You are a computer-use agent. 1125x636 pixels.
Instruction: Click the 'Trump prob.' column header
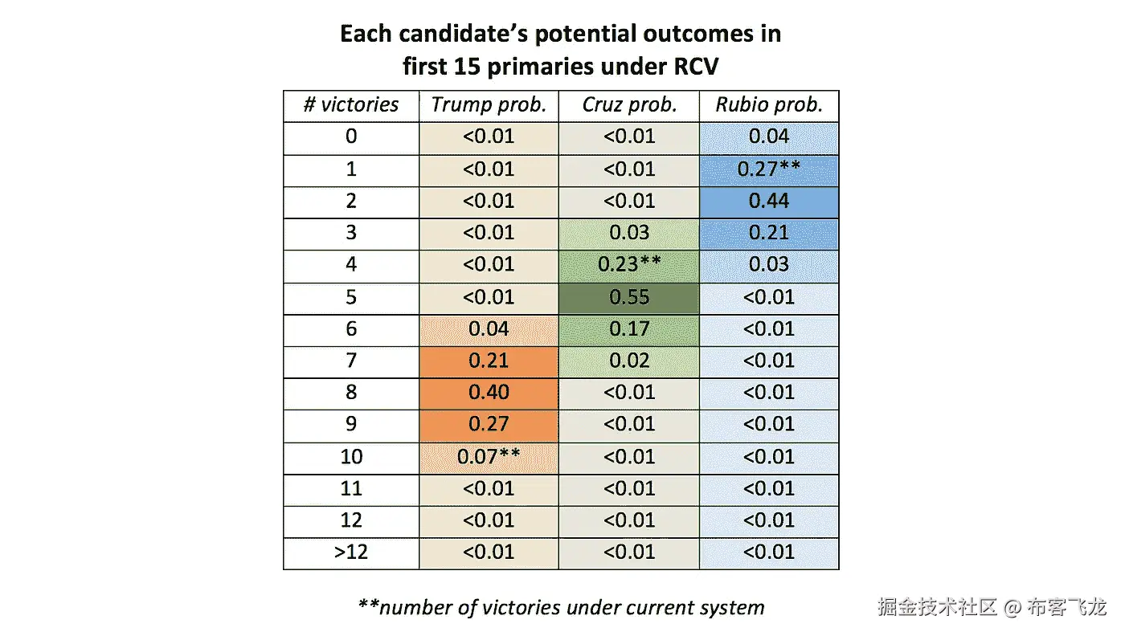[489, 105]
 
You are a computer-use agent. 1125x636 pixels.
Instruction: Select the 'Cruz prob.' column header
[628, 105]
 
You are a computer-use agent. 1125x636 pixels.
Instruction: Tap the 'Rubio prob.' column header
[769, 105]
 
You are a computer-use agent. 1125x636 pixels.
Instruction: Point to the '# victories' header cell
[351, 105]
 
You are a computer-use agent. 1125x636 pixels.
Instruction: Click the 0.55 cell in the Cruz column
[628, 297]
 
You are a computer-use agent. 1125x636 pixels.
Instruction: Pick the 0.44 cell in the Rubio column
[769, 201]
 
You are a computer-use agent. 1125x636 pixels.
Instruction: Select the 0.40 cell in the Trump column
[489, 393]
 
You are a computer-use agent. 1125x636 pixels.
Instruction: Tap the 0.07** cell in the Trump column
[489, 457]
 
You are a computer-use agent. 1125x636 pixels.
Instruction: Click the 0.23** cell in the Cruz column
[628, 265]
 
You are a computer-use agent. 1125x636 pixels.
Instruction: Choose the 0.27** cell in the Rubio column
[769, 169]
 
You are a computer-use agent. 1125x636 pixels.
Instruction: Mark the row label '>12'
[351, 552]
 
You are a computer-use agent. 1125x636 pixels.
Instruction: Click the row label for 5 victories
[351, 297]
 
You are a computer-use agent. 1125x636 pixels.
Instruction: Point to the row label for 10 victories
[351, 457]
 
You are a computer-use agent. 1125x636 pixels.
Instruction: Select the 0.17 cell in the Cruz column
[628, 328]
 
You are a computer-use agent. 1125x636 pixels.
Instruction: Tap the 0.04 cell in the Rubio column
[769, 137]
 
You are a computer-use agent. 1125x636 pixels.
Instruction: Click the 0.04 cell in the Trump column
[489, 328]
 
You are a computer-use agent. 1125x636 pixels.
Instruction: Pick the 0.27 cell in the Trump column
[489, 425]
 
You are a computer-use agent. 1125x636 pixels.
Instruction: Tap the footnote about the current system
[561, 607]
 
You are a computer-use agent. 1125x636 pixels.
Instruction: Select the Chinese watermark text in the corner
[992, 606]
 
